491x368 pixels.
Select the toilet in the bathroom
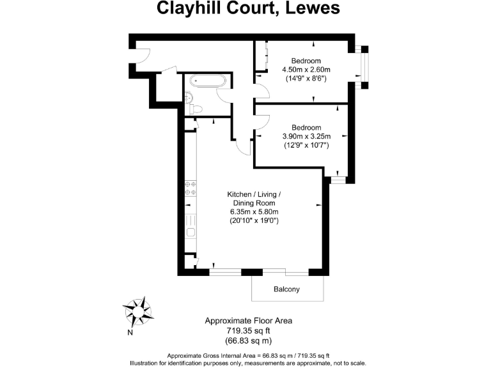pyautogui.click(x=196, y=109)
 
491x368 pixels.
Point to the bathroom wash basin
pyautogui.click(x=187, y=96)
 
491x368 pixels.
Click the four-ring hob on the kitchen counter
pyautogui.click(x=191, y=187)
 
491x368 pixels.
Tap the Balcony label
pyautogui.click(x=286, y=289)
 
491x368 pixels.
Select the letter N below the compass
pyautogui.click(x=130, y=332)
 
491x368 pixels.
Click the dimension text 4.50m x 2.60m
pyautogui.click(x=306, y=70)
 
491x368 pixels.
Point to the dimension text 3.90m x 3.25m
pyautogui.click(x=306, y=136)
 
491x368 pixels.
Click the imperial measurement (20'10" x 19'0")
pyautogui.click(x=254, y=220)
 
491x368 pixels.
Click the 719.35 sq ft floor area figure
pyautogui.click(x=248, y=330)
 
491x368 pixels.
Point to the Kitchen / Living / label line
pyautogui.click(x=254, y=194)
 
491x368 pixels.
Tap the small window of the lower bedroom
pyautogui.click(x=337, y=180)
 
